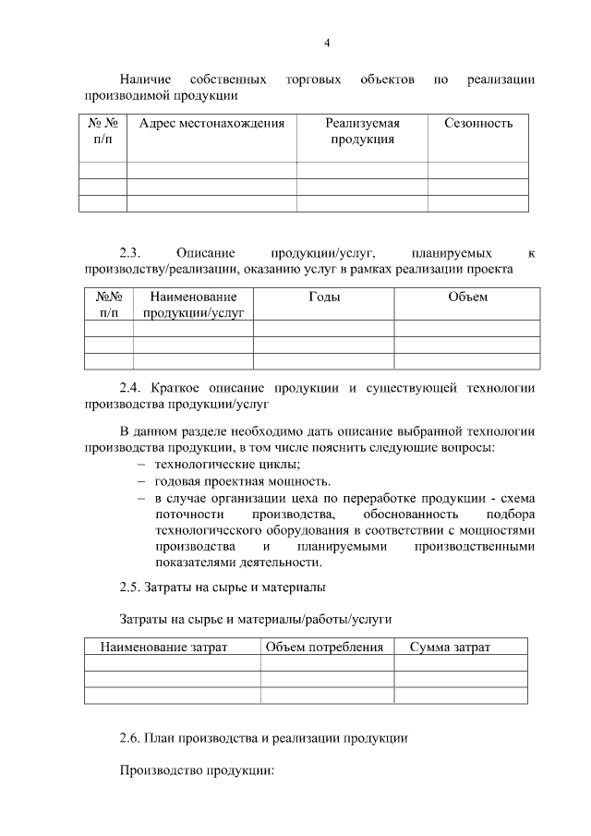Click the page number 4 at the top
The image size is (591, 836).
pyautogui.click(x=327, y=42)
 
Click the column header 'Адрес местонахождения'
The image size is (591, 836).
pyautogui.click(x=211, y=123)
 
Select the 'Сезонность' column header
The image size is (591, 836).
pyautogui.click(x=477, y=123)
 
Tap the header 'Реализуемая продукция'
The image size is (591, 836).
pyautogui.click(x=361, y=131)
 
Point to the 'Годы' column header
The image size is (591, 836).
pyautogui.click(x=323, y=297)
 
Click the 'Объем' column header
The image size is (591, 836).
pyautogui.click(x=466, y=297)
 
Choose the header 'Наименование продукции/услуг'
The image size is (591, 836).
pyautogui.click(x=193, y=305)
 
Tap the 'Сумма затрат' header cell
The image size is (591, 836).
pyautogui.click(x=450, y=647)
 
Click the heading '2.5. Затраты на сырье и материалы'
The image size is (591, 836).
pyautogui.click(x=222, y=587)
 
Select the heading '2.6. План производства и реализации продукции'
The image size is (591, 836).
pyautogui.click(x=263, y=738)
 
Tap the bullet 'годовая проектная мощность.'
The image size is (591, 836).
pyautogui.click(x=242, y=481)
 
